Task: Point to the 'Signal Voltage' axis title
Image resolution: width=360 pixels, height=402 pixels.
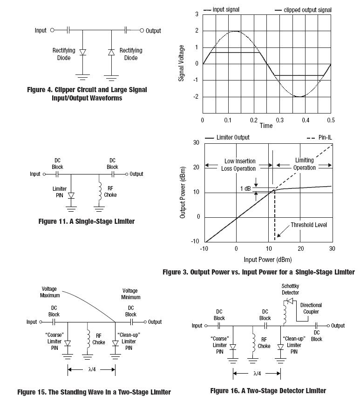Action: click(182, 63)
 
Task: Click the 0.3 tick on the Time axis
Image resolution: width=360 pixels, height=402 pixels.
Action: click(279, 121)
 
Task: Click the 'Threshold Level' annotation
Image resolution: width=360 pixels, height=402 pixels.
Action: click(309, 225)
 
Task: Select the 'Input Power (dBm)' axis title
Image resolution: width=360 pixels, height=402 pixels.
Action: click(267, 260)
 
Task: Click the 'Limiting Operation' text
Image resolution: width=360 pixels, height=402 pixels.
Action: click(304, 164)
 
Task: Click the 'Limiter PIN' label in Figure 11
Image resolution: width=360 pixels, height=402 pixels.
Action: click(59, 192)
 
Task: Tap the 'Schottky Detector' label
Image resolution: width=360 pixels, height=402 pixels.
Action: click(290, 289)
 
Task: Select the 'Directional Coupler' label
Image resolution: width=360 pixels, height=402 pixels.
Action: click(311, 308)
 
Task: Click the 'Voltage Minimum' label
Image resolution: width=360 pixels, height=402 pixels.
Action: click(131, 293)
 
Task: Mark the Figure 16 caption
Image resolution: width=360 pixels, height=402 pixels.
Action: click(268, 390)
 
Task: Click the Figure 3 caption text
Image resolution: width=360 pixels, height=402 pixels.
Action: click(258, 272)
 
